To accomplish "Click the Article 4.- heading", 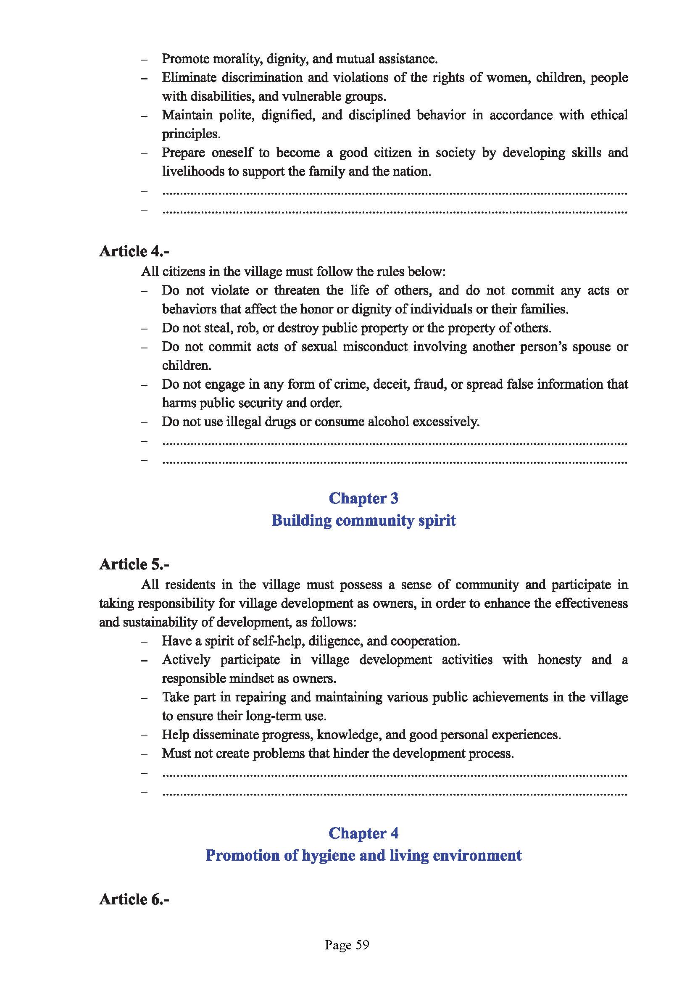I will [x=134, y=251].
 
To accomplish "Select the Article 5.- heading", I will [x=134, y=564].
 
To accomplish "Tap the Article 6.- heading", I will [x=134, y=899].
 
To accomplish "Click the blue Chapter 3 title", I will [x=363, y=498].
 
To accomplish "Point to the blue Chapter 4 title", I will [x=363, y=833].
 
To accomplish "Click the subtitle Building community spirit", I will [x=363, y=520].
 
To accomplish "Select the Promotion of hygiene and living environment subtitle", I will [x=363, y=855].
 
